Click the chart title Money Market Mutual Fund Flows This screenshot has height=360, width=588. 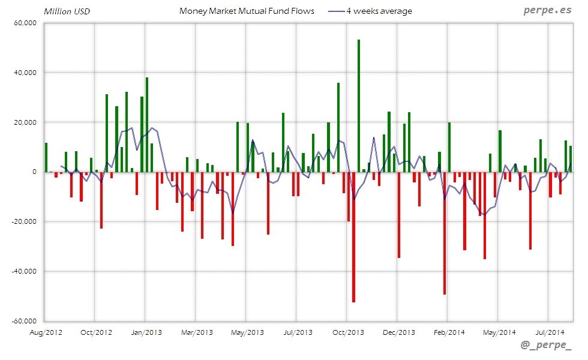pyautogui.click(x=247, y=11)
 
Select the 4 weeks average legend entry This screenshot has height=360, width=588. pyautogui.click(x=379, y=11)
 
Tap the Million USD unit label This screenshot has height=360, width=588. pyautogui.click(x=67, y=11)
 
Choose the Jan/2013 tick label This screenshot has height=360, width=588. pyautogui.click(x=146, y=332)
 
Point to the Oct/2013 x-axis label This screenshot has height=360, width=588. pyautogui.click(x=348, y=332)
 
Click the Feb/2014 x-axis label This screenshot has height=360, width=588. pyautogui.click(x=449, y=332)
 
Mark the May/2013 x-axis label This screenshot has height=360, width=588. pyautogui.click(x=247, y=332)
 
